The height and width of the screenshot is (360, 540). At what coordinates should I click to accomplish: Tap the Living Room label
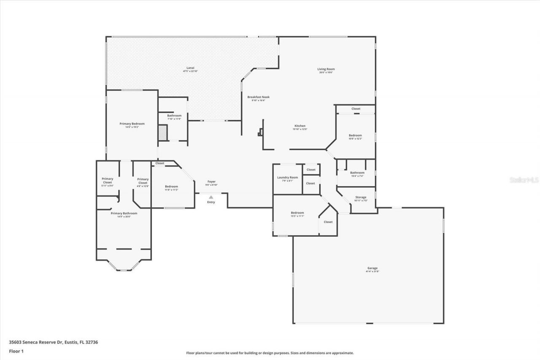click(x=326, y=69)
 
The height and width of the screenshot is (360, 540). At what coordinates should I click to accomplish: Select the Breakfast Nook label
click(x=258, y=97)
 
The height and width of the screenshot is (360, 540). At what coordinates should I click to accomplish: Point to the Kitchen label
click(x=300, y=126)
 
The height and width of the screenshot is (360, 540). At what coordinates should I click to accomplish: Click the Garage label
click(x=372, y=268)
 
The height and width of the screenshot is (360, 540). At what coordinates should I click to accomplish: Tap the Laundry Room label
click(x=287, y=177)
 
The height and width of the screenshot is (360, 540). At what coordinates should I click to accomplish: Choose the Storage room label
click(x=361, y=197)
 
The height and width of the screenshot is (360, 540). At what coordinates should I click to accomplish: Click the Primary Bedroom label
click(x=132, y=124)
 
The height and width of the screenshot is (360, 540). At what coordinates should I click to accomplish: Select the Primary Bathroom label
click(x=124, y=213)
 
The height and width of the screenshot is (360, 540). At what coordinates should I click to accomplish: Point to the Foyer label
click(x=211, y=181)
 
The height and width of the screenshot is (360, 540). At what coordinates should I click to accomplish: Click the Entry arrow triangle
click(x=211, y=197)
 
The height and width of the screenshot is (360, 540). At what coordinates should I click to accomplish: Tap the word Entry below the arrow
click(x=211, y=202)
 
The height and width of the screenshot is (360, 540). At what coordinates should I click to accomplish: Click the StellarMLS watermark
click(x=524, y=180)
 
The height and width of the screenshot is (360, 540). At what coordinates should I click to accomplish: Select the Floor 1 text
click(x=16, y=351)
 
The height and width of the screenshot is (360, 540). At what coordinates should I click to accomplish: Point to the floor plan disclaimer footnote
click(x=270, y=353)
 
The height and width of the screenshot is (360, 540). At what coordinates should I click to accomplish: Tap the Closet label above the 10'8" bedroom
click(x=356, y=109)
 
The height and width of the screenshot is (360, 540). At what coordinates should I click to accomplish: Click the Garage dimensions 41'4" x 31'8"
click(x=372, y=272)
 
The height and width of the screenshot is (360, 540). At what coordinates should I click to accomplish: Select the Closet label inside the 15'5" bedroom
click(x=328, y=222)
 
